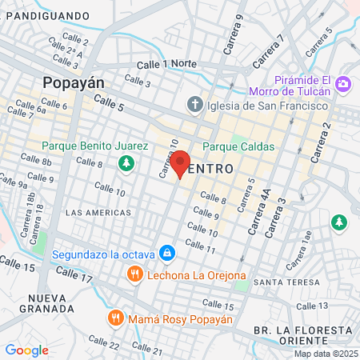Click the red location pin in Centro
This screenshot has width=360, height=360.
tap(181, 163)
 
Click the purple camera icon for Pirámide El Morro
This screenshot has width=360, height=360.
tap(344, 84)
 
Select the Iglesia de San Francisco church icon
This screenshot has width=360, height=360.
tap(194, 105)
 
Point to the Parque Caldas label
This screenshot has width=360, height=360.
tap(238, 147)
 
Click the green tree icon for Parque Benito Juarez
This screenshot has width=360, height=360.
tap(126, 163)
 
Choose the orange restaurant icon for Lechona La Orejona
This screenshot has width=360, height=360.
tap(134, 274)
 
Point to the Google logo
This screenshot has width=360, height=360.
tap(27, 350)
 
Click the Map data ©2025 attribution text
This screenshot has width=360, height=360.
tap(325, 354)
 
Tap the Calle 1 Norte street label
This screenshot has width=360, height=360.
tap(166, 64)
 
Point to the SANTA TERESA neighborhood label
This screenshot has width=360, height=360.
tap(279, 283)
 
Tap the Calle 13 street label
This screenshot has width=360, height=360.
tap(312, 306)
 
